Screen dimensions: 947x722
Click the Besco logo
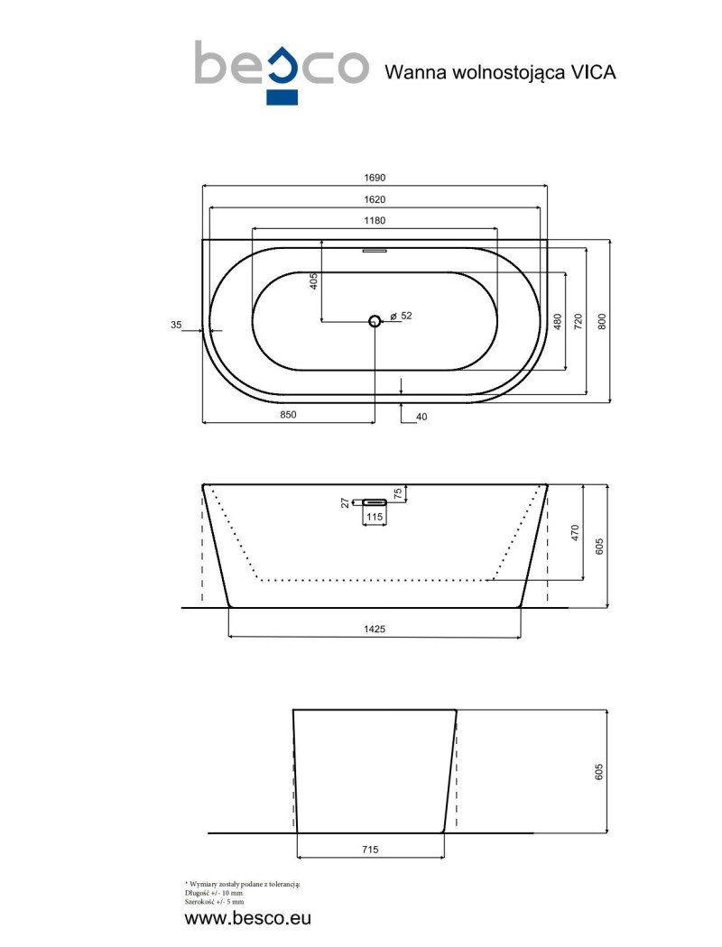pos(281,69)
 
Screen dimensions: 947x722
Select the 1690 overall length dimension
pos(375,179)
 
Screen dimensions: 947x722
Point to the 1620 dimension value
pos(375,199)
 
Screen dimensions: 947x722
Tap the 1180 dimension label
pos(375,221)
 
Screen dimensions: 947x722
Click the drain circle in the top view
pos(375,320)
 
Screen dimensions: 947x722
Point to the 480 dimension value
pos(558,321)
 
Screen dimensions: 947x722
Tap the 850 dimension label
pos(287,416)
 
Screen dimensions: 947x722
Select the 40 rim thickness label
pos(421,417)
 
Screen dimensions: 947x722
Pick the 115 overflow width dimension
pos(375,517)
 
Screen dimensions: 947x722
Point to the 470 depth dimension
pos(577,532)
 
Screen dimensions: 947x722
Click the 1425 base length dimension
pos(375,629)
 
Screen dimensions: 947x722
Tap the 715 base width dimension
pos(370,850)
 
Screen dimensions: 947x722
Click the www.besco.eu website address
pos(247,919)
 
